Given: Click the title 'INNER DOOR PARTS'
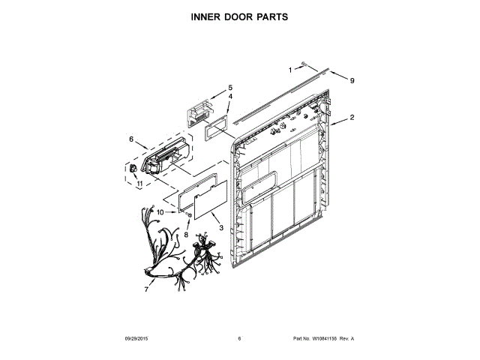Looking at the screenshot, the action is (239, 16).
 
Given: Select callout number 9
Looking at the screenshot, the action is (352, 80).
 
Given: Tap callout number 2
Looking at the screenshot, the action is (352, 118).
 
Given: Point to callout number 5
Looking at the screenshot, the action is (230, 87).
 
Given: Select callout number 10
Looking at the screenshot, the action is (160, 213).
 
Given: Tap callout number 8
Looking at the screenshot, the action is (186, 234).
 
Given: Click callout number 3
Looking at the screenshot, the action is (220, 226).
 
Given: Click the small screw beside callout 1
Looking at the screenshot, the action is (304, 66).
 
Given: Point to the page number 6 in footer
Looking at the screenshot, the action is (239, 339).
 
